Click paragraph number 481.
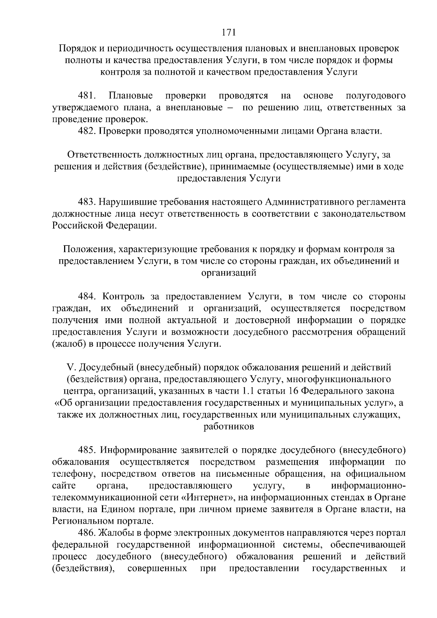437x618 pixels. [87, 96]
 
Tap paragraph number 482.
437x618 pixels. [87, 131]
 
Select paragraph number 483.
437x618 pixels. [87, 202]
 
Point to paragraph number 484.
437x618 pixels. [87, 296]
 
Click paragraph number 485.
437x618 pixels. [87, 450]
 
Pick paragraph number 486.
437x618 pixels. [87, 533]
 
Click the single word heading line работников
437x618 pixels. [229, 427]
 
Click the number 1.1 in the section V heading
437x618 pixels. [247, 391]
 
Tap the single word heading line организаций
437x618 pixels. [229, 273]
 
